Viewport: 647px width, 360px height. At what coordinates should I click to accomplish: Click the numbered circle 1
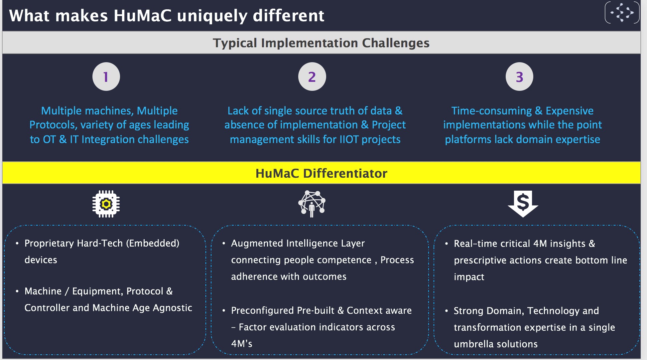click(106, 77)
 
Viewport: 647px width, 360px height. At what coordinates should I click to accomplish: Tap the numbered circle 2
click(312, 77)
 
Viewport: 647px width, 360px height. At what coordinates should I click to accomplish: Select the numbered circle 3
click(519, 77)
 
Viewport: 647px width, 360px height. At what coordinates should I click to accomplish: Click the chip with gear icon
click(106, 204)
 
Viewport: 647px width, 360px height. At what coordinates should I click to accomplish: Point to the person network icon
click(312, 204)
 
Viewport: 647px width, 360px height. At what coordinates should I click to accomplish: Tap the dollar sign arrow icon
click(523, 204)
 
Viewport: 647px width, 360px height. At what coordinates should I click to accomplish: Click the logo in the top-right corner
click(622, 13)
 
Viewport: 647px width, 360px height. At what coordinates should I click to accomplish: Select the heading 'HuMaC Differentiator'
click(321, 173)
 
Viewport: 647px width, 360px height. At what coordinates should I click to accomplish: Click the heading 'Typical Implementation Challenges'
click(321, 43)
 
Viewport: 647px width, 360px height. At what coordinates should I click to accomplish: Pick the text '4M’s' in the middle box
click(242, 344)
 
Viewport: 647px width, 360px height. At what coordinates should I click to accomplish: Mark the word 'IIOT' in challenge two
click(349, 139)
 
